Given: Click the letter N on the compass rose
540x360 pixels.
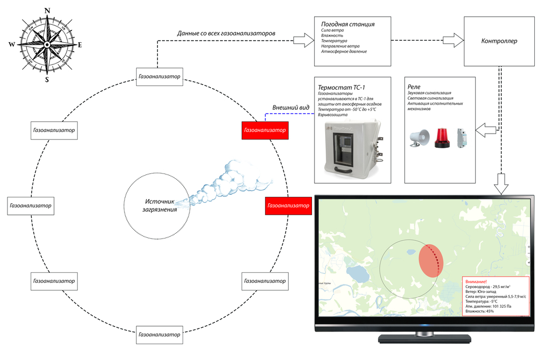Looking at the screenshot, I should (x=48, y=11).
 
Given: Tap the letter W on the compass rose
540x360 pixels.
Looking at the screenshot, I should (x=12, y=45).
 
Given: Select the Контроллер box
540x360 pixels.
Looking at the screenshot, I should (x=499, y=41).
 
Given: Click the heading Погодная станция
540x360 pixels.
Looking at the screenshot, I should (x=348, y=24).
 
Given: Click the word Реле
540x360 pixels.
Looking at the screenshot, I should (x=414, y=87).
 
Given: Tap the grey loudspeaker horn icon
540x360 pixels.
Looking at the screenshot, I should (x=420, y=138).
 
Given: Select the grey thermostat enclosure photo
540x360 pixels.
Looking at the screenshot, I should (x=351, y=147).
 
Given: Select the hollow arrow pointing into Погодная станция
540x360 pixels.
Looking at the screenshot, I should (x=302, y=40).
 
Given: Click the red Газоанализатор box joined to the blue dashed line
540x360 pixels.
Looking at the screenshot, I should (x=264, y=130).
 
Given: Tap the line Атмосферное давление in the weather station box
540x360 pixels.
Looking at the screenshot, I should (x=344, y=52).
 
